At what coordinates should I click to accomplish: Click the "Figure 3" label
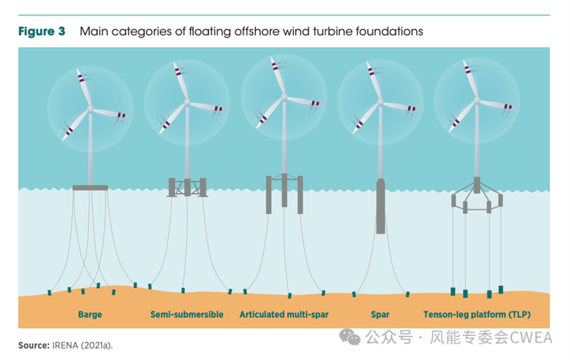42,31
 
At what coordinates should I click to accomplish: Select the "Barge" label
90,314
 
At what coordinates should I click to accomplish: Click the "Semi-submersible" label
187,314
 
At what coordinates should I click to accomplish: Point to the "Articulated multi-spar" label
284,314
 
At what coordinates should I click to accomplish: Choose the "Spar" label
380,314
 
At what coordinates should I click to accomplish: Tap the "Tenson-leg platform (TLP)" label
477,314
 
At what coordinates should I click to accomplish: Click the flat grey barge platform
90,188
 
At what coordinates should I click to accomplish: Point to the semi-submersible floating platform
187,187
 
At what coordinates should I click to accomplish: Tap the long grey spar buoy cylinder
380,207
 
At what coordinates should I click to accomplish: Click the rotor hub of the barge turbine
90,108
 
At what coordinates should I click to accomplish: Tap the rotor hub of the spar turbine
380,103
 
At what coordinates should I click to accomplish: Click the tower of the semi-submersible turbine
187,143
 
